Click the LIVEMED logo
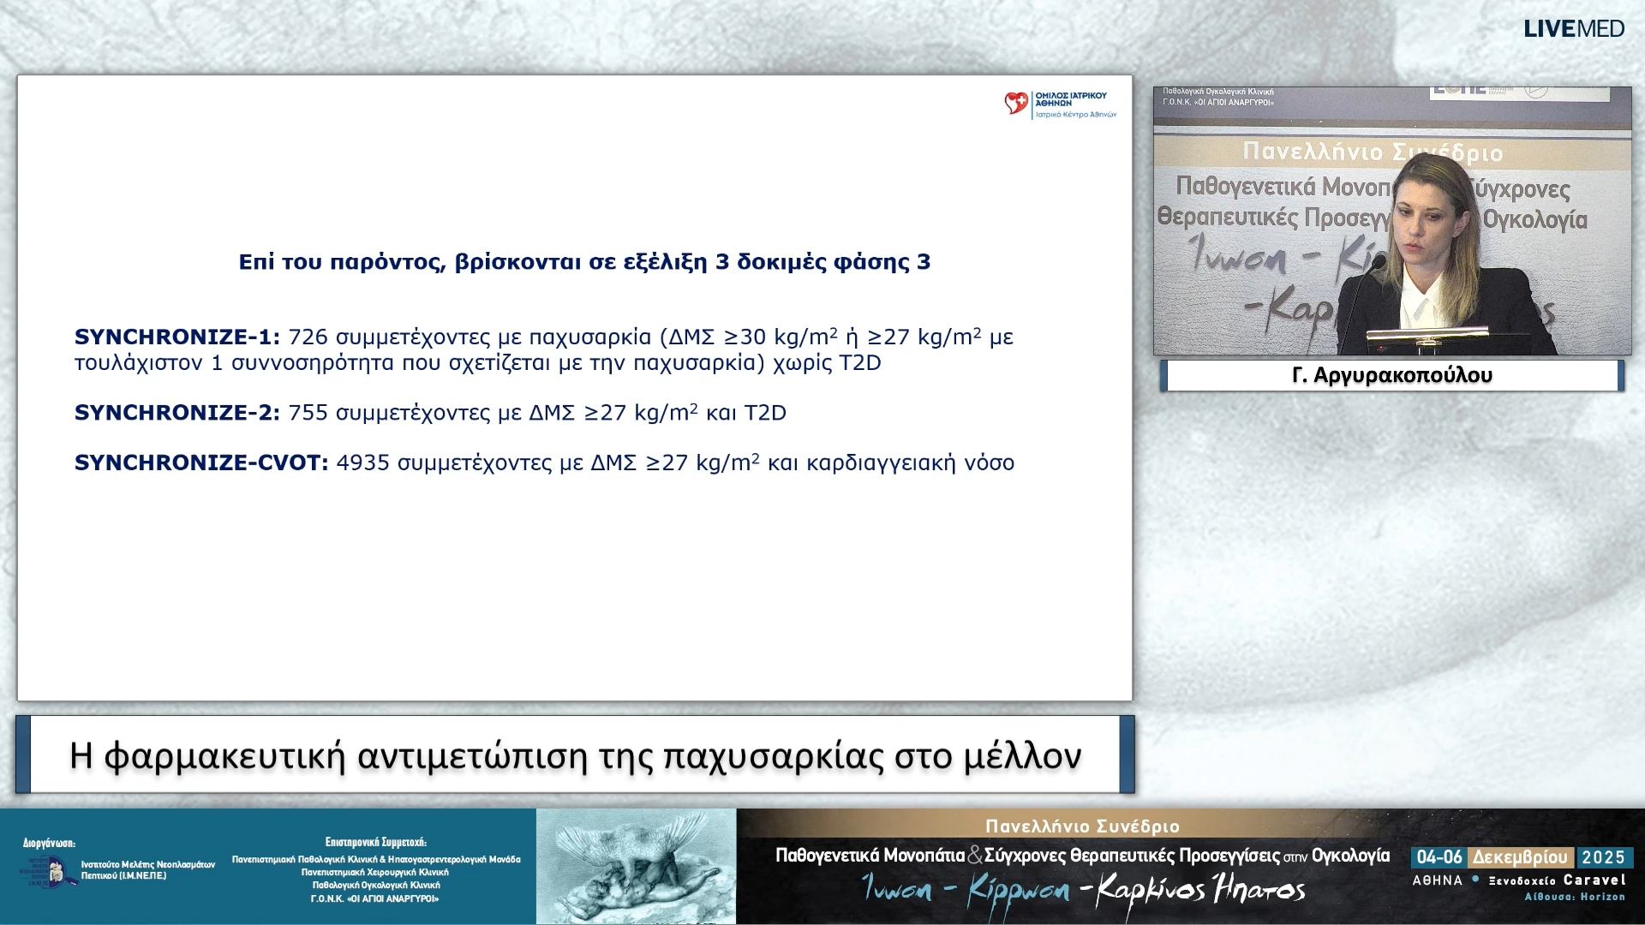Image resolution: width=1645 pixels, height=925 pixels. coord(1573,29)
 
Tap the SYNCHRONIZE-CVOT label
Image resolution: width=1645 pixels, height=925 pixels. coord(200,463)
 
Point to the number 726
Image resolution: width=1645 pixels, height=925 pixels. coord(308,337)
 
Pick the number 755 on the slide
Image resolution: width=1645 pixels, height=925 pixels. coord(308,413)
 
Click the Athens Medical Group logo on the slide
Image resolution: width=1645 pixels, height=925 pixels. coord(1060,104)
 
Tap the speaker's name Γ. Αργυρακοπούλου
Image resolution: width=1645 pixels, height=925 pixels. coord(1391,375)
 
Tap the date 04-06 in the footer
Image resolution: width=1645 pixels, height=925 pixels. coord(1439,857)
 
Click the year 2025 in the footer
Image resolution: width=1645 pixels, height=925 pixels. coord(1603,857)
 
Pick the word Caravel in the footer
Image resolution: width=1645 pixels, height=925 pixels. coord(1594,880)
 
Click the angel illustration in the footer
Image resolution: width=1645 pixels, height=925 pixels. coord(636,867)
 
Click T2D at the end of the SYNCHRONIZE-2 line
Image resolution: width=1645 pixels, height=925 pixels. coord(764,413)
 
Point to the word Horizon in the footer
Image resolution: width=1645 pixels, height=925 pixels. coord(1602,897)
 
